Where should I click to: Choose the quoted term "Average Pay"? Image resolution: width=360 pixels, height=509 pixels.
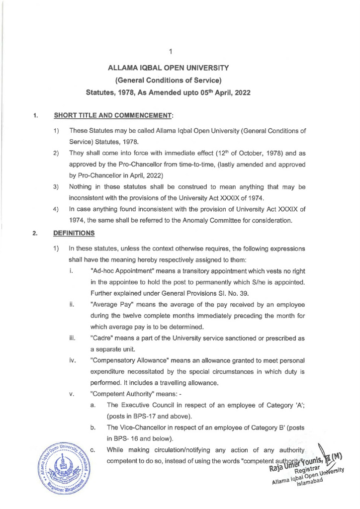(x=110, y=304)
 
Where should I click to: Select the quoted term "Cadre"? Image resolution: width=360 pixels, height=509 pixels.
(x=102, y=339)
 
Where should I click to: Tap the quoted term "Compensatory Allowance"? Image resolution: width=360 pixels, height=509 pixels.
(x=130, y=361)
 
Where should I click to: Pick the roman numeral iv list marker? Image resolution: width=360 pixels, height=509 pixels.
(x=72, y=361)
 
